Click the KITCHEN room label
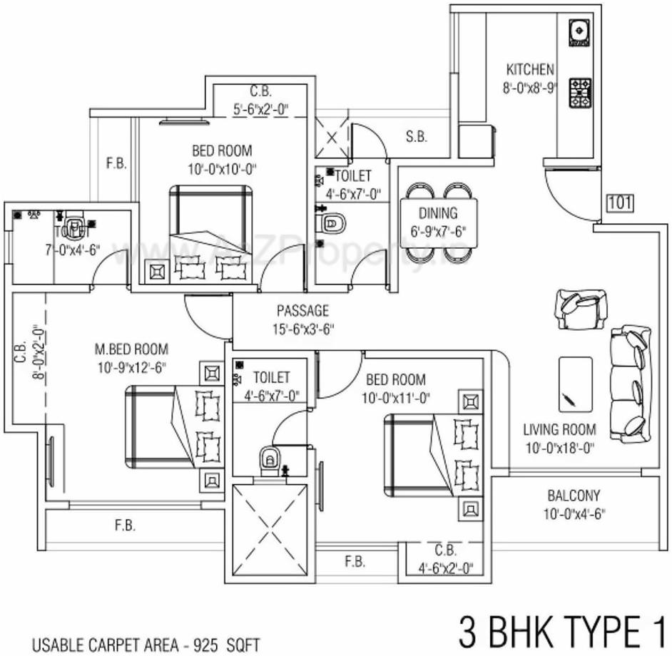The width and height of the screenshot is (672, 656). pos(529,69)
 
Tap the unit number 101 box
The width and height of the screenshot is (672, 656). pos(620,203)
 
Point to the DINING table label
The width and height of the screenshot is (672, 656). pos(438,212)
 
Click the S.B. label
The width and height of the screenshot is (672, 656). pos(417,137)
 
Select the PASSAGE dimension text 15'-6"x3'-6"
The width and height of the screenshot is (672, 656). pos(302,329)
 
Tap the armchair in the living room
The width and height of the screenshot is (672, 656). pos(580,309)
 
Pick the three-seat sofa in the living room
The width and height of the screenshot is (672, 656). pos(630,382)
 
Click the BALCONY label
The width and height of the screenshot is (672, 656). pos(574,495)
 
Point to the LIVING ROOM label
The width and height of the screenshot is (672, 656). pos(559,429)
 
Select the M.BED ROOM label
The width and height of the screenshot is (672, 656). pos(131,349)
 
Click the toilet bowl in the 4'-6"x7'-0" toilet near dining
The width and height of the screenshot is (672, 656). pos(332,223)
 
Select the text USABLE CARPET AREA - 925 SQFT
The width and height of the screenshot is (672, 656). pos(146,646)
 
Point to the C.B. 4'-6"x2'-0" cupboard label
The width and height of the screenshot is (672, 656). pos(445,560)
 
